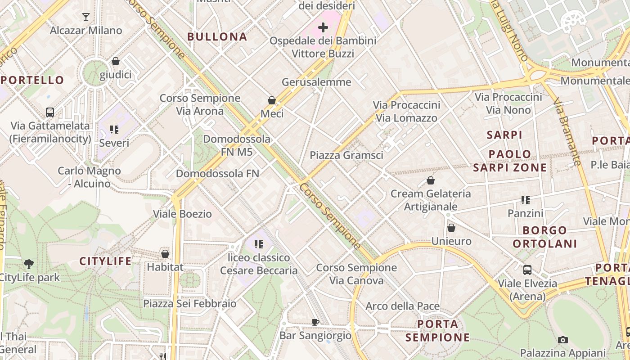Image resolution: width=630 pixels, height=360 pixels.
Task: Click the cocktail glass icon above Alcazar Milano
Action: [86, 17]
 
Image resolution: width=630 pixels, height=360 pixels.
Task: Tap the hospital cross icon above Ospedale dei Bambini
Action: [323, 27]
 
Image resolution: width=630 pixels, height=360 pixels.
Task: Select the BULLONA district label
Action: [217, 37]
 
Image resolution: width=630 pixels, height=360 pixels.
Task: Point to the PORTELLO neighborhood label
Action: [32, 81]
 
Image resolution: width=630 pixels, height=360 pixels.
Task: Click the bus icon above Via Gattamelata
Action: [50, 112]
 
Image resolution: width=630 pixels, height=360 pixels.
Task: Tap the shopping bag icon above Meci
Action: [272, 100]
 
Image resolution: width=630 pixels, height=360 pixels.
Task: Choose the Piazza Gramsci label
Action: [346, 155]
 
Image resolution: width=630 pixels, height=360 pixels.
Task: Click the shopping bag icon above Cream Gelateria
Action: [431, 181]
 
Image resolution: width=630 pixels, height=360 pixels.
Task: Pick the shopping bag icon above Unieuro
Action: [451, 228]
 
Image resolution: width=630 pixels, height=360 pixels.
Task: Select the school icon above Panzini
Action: [525, 200]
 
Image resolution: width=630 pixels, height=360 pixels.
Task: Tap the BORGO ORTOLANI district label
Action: [545, 237]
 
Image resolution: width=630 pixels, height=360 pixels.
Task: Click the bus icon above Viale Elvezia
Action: [527, 270]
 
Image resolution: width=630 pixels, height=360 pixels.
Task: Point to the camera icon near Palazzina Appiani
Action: [562, 340]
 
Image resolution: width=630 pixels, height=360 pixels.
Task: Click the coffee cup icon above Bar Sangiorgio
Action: [315, 322]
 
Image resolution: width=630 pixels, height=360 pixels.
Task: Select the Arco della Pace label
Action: [402, 306]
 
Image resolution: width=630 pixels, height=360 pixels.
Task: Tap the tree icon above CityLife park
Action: [29, 264]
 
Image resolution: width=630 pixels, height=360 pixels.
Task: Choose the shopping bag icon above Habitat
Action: [165, 254]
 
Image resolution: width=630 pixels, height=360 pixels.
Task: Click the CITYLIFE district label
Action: [106, 261]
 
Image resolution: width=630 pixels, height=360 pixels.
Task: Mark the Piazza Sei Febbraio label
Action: [189, 303]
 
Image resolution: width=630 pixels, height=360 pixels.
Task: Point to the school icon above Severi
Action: [114, 130]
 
